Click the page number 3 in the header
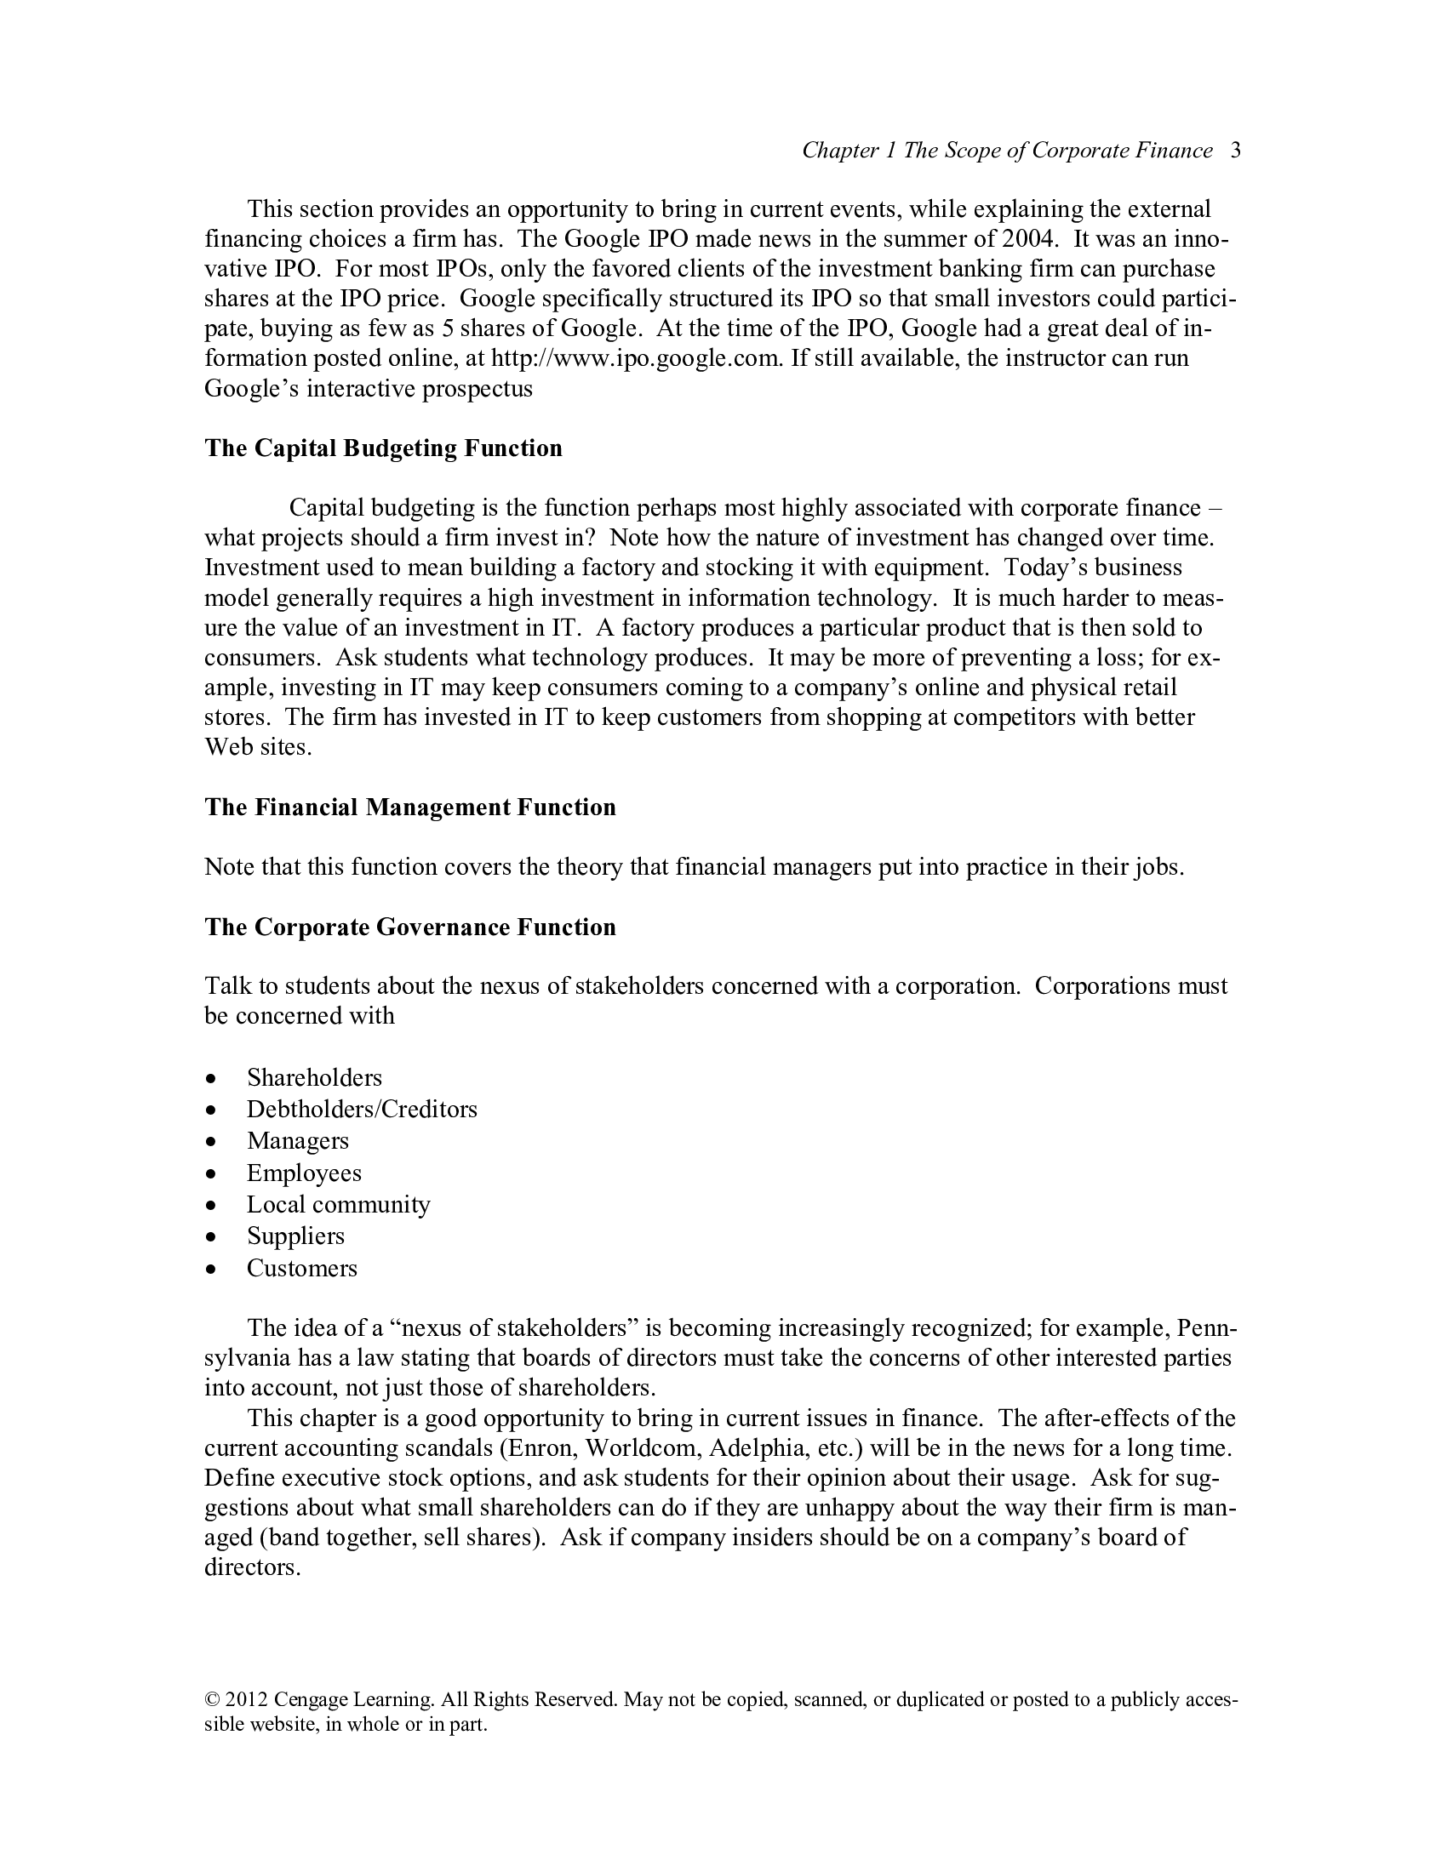point(1235,151)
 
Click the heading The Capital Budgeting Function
point(383,448)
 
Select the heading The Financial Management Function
point(409,808)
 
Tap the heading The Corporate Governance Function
point(409,927)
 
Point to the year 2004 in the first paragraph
point(1027,239)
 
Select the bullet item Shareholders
point(314,1077)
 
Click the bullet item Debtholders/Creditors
point(362,1109)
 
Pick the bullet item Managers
point(297,1141)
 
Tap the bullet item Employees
point(305,1173)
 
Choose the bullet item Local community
point(339,1204)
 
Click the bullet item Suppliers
point(295,1236)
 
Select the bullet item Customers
point(302,1268)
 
